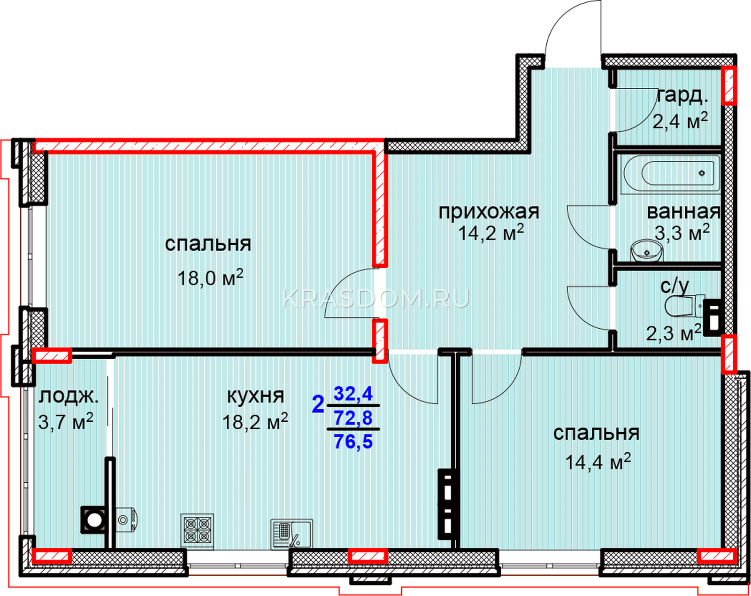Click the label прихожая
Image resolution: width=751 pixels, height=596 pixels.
click(x=489, y=212)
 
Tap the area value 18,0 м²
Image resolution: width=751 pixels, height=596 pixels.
click(x=210, y=278)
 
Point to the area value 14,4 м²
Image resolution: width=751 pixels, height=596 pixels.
click(x=598, y=462)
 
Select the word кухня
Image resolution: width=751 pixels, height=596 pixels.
click(x=256, y=396)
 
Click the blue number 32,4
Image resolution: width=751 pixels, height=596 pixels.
click(x=353, y=394)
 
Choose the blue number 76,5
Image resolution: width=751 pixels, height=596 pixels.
click(x=353, y=441)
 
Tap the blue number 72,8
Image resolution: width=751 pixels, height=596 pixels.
click(x=353, y=418)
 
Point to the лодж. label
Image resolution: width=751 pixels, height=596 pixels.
click(x=69, y=397)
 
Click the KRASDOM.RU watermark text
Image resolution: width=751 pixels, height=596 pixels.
click(x=375, y=299)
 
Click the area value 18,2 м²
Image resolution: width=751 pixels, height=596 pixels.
click(x=255, y=422)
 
